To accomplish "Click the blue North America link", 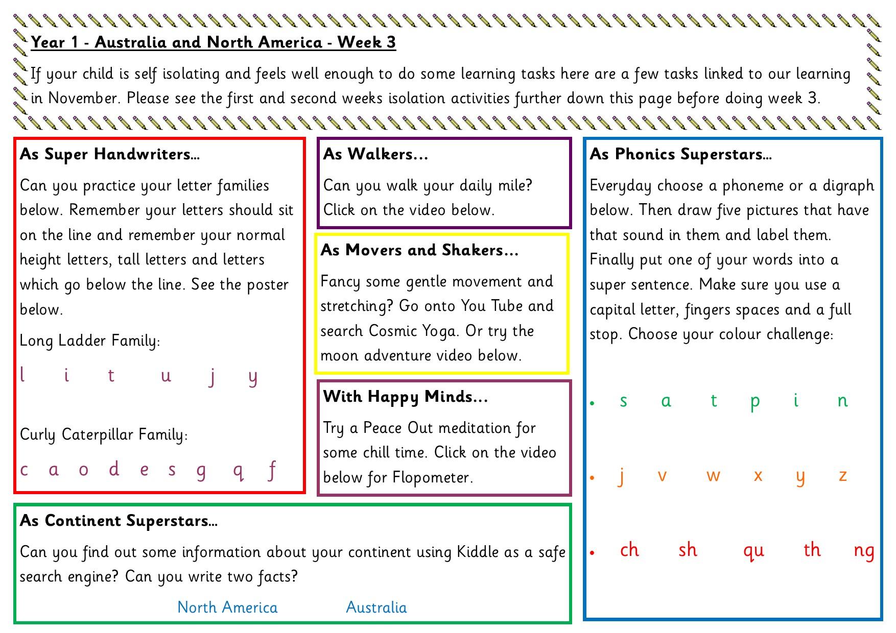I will coord(227,607).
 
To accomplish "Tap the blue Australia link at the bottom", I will coord(376,607).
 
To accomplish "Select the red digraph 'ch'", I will coord(629,550).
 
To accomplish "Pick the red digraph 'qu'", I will coord(753,551).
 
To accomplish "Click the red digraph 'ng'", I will coord(864,551).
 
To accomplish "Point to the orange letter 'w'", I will coord(713,476).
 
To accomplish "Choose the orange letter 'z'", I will coord(843,476).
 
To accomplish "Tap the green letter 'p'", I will coord(755,402).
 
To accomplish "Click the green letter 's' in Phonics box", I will coord(623,401).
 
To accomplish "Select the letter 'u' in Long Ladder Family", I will coord(166,377).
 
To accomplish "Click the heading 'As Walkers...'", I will coord(375,154).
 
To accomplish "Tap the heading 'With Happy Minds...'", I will coord(406,396).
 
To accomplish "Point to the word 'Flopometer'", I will coord(431,477).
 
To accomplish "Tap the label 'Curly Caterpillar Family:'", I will coord(104,434).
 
